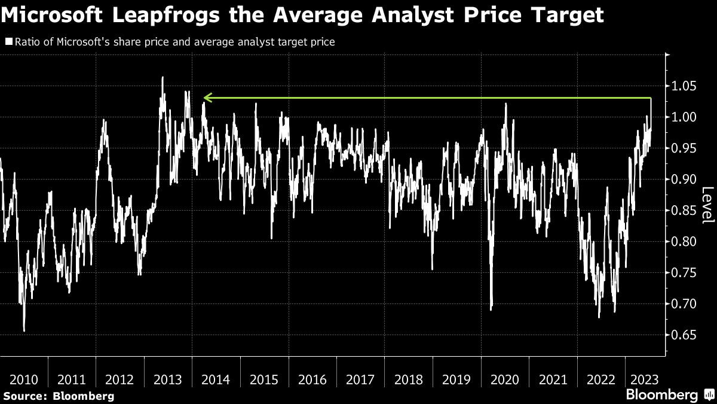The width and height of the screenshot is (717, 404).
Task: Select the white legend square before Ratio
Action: tap(9, 42)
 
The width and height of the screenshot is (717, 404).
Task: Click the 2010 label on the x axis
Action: tap(24, 379)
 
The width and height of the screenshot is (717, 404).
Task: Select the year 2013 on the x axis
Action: tap(168, 379)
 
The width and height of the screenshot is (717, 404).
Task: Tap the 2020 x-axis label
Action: tap(505, 379)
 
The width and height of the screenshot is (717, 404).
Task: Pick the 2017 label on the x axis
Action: tap(360, 379)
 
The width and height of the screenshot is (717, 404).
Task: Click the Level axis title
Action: tap(707, 205)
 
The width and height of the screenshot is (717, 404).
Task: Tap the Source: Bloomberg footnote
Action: tap(59, 396)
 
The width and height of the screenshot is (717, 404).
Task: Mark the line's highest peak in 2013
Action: tap(162, 77)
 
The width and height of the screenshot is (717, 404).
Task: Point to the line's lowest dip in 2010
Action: tap(24, 330)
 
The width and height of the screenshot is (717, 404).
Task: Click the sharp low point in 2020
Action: tap(491, 309)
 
